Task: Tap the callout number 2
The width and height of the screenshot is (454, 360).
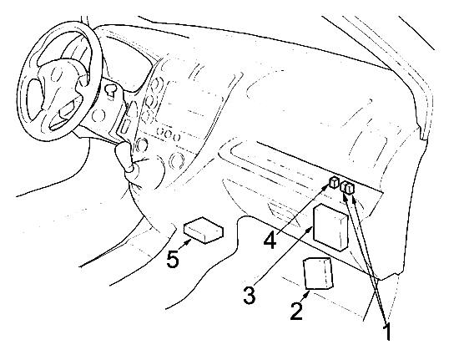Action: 296,311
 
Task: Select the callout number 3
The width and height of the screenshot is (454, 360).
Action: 250,295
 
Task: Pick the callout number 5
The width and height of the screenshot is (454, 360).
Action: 173,259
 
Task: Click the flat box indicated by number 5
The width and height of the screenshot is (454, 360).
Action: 204,230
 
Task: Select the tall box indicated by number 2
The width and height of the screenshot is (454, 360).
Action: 318,273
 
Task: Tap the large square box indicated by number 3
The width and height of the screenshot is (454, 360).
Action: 330,227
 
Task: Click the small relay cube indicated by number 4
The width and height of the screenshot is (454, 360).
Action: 334,182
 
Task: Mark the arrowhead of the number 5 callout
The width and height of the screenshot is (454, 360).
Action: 189,241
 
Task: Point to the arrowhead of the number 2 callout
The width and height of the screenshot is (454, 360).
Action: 306,294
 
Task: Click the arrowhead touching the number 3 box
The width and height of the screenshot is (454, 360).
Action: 310,229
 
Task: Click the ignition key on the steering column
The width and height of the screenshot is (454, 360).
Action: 110,90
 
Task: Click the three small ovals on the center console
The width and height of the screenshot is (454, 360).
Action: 168,134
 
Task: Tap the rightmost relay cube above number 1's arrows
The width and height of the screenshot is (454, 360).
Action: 351,189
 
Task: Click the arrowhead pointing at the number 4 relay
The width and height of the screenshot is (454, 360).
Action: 325,188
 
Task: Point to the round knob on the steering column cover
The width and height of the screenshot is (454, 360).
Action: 98,115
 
